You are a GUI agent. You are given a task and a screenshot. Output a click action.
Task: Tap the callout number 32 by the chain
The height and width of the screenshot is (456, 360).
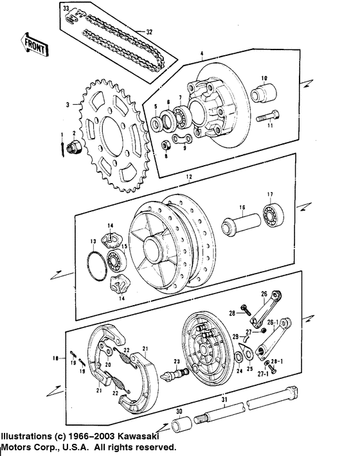coord(148,31)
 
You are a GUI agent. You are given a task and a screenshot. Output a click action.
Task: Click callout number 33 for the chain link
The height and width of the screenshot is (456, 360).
coord(65,8)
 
